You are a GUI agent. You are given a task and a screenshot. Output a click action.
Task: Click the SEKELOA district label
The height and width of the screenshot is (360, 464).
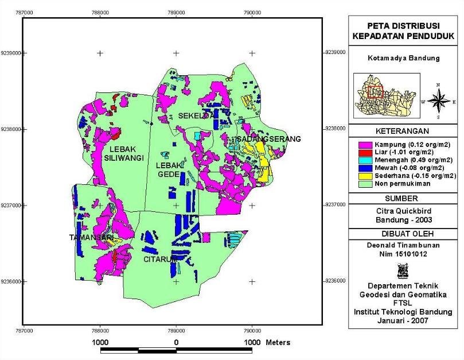coord(197,115)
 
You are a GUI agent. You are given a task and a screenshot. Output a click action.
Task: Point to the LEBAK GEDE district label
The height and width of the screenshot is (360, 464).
coord(169,169)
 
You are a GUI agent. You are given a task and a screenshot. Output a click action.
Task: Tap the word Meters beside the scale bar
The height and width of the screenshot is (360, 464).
coord(278,343)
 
